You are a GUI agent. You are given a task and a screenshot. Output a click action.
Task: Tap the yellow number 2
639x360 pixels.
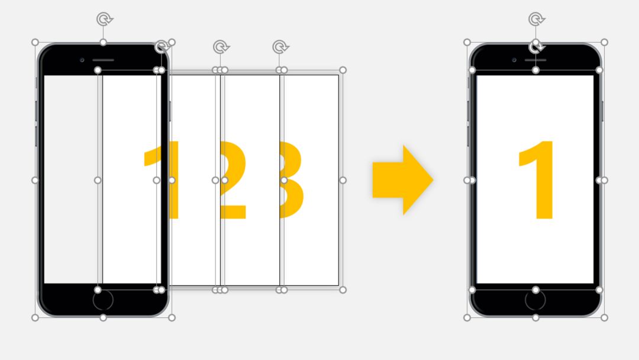[233, 180]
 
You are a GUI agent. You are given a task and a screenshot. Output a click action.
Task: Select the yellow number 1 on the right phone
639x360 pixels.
[536, 180]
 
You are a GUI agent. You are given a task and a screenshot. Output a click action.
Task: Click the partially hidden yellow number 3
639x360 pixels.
[292, 180]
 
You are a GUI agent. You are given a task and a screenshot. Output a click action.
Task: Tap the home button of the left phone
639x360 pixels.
[103, 300]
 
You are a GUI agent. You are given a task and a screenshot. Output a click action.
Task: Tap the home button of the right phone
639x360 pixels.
[535, 300]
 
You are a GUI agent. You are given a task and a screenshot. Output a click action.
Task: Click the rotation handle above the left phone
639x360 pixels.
[104, 19]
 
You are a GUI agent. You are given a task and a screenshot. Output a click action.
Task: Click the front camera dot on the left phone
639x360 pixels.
[82, 60]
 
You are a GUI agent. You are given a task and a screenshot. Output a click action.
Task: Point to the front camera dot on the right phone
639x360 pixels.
[514, 60]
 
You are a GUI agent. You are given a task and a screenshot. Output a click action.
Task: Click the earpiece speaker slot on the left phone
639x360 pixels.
[103, 60]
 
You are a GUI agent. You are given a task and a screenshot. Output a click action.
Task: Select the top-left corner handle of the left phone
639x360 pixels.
[35, 43]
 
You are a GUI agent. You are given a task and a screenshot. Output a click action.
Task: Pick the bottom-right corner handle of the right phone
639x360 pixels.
[604, 317]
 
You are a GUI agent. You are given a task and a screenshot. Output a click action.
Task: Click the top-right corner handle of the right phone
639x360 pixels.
[604, 43]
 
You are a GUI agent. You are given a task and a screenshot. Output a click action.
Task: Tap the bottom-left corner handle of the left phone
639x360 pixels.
[35, 317]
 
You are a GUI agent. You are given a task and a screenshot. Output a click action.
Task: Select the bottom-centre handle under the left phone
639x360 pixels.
[103, 317]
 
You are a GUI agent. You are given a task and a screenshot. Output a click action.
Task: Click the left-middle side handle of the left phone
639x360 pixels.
[35, 180]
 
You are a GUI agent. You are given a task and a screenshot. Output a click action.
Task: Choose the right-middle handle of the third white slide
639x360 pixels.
[343, 180]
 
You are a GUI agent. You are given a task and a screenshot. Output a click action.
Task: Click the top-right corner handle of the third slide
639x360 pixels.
[343, 70]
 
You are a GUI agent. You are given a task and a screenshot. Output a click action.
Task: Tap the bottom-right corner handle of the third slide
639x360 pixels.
[343, 290]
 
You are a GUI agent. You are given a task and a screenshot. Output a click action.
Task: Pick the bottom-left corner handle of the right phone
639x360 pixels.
[467, 317]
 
